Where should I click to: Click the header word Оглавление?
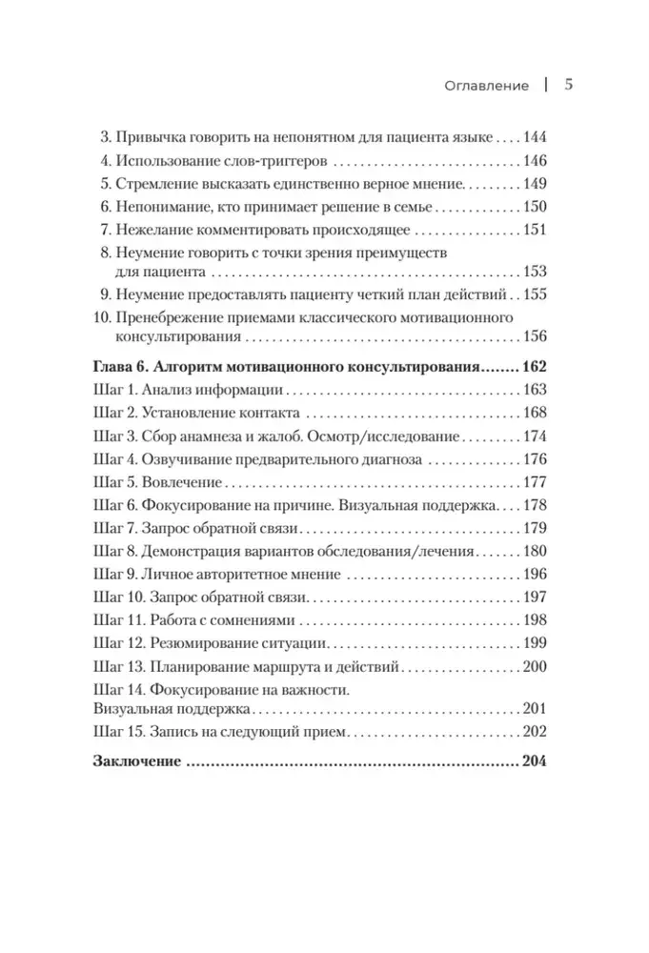click(486, 85)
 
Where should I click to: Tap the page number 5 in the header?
click(568, 84)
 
